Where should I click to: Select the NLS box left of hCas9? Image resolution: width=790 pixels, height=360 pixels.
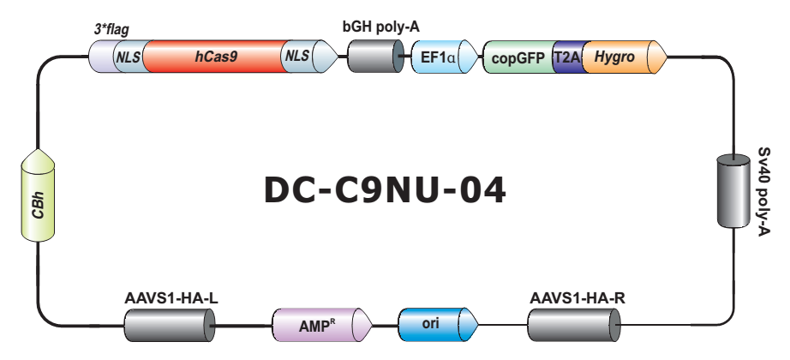point(129,57)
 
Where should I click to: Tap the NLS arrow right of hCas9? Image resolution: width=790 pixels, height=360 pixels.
point(300,57)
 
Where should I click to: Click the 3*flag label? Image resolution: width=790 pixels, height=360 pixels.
point(111,28)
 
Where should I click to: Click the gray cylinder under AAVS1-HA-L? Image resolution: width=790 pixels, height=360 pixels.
point(169,326)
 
